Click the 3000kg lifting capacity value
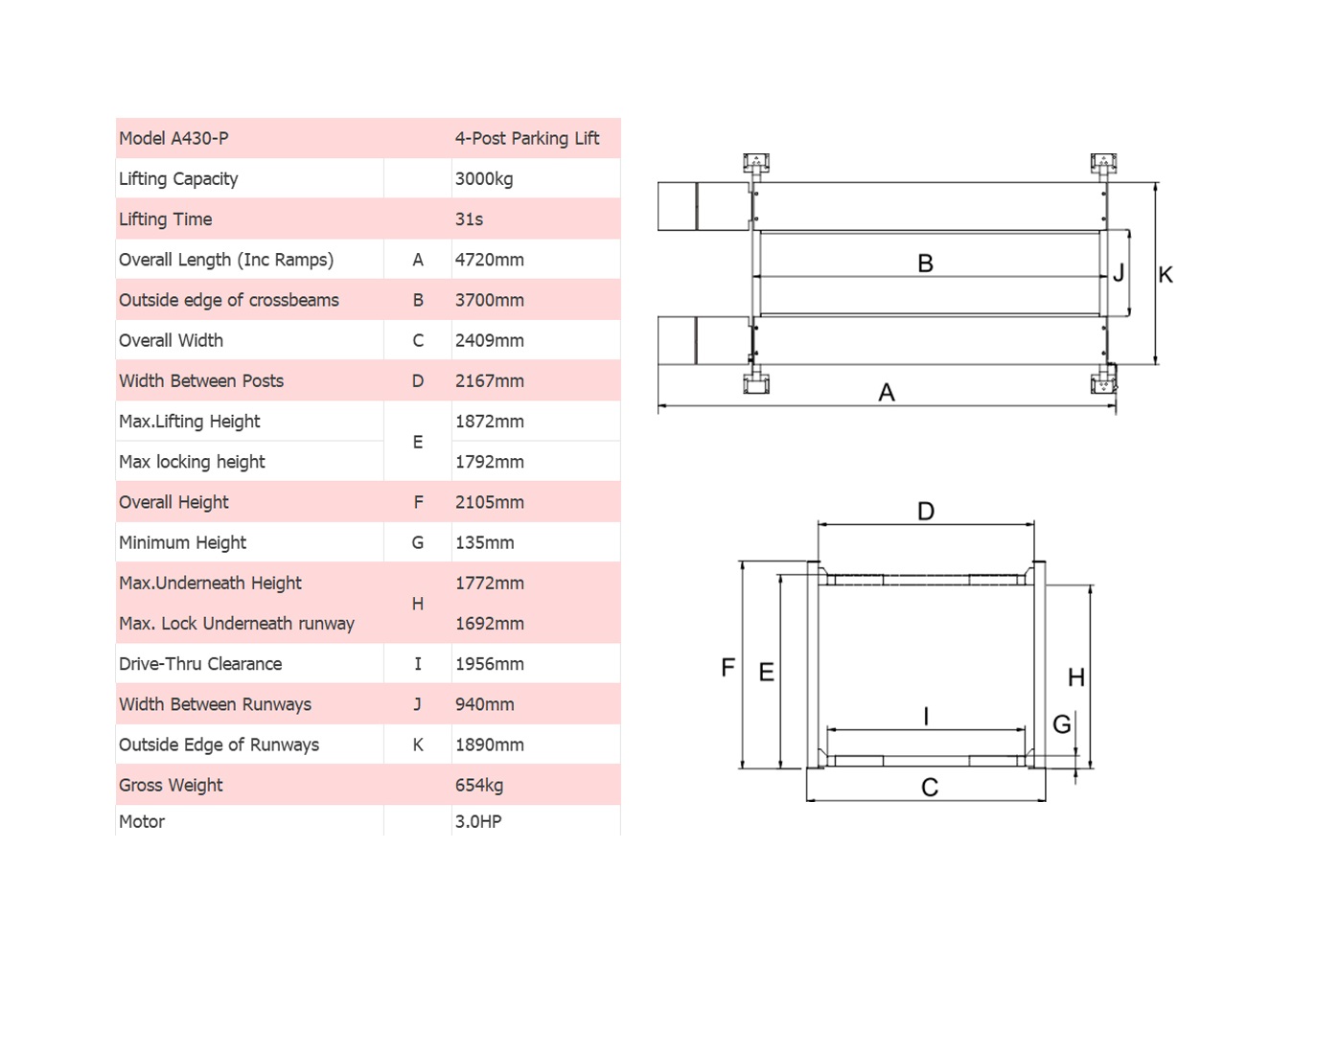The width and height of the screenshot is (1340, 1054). [484, 179]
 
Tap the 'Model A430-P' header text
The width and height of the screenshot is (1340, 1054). [173, 138]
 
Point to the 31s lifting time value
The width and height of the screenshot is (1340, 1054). [469, 219]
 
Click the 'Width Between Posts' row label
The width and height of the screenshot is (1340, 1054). [201, 381]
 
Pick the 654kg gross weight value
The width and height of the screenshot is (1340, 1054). [479, 786]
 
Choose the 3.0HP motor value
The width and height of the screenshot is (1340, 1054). [478, 822]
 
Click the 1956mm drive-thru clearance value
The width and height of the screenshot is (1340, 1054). [490, 664]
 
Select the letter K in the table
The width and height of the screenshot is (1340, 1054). [418, 745]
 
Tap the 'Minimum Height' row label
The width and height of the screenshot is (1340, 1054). [182, 543]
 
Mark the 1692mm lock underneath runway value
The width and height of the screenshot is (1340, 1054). [490, 624]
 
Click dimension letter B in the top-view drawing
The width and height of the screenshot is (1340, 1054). [925, 263]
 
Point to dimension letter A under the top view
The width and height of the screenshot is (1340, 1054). [887, 393]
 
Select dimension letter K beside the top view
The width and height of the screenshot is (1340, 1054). [1166, 275]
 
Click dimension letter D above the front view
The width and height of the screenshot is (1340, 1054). [926, 511]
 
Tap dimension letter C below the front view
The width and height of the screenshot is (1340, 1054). [930, 788]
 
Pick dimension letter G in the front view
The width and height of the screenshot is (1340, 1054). [1062, 724]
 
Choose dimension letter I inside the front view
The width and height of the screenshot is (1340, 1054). [926, 716]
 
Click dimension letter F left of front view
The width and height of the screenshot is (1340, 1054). [728, 668]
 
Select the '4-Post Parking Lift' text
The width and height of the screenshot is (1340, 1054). [527, 138]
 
